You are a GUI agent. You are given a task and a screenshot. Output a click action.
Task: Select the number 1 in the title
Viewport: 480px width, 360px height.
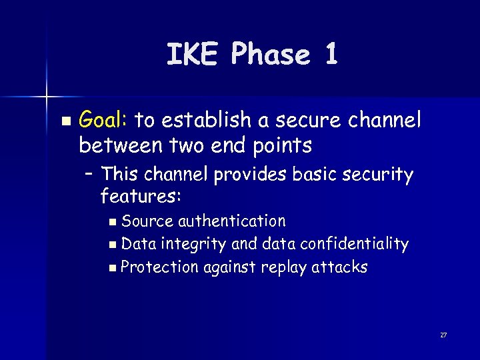click(x=331, y=54)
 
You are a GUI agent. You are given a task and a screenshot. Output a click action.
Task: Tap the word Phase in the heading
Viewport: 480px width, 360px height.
click(x=271, y=55)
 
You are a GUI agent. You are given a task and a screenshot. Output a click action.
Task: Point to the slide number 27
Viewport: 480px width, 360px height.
click(x=443, y=335)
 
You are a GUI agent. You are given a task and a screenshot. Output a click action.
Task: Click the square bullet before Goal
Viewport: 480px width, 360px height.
click(x=65, y=121)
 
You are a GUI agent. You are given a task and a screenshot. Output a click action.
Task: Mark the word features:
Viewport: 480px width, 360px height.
click(x=141, y=196)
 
